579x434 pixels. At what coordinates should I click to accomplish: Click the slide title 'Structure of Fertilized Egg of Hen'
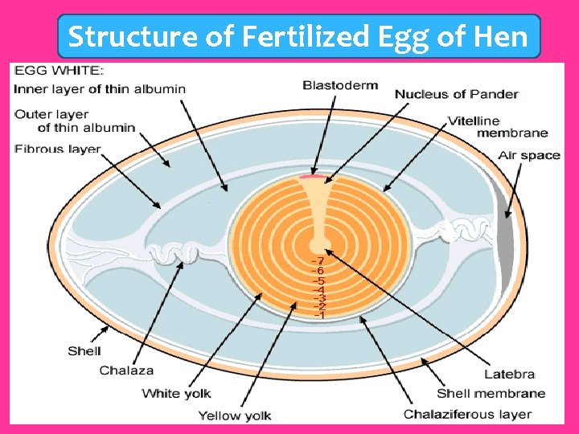(x=298, y=37)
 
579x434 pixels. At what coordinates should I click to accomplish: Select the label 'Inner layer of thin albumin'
(x=99, y=89)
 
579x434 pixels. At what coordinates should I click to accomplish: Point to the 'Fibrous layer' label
(x=57, y=149)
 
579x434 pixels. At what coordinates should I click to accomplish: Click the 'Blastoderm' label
(x=339, y=85)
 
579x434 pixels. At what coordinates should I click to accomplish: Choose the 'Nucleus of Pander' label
(x=456, y=94)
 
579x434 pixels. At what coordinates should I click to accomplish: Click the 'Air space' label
(x=528, y=155)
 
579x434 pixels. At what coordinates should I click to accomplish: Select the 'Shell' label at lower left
(x=84, y=350)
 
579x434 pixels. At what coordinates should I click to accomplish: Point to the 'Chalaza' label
(x=126, y=371)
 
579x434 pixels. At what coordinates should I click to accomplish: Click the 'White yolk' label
(x=176, y=393)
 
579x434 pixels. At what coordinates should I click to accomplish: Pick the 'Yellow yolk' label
(x=235, y=416)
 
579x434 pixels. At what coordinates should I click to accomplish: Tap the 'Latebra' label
(x=509, y=375)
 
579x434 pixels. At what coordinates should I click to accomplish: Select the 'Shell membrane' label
(x=491, y=393)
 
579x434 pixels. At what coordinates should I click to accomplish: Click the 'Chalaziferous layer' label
(x=467, y=415)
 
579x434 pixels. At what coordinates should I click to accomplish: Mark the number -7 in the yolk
(x=319, y=261)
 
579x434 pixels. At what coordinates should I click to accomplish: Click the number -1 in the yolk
(x=319, y=315)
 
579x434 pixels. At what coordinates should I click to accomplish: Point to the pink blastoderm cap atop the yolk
(x=319, y=175)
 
